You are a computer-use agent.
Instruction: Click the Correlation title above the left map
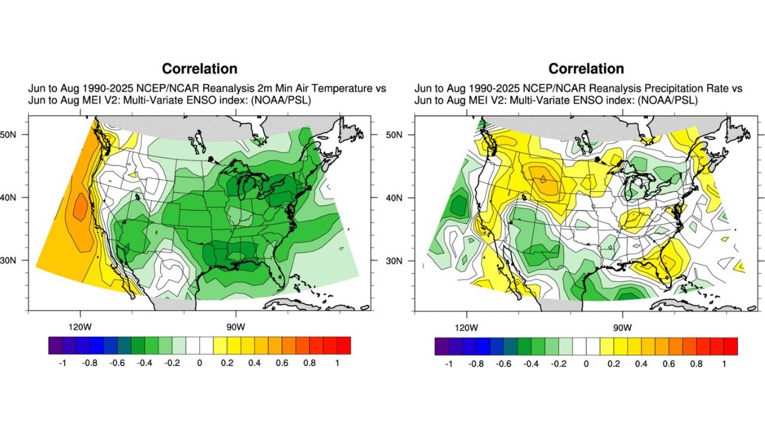click(x=200, y=69)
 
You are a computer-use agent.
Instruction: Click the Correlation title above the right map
click(x=586, y=69)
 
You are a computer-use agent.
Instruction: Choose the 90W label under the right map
click(x=622, y=327)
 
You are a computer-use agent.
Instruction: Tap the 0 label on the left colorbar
click(x=199, y=363)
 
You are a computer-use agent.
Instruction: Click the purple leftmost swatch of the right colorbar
click(x=441, y=346)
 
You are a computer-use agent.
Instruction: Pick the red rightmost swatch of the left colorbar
click(x=344, y=345)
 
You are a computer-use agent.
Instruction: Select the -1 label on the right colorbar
click(x=448, y=363)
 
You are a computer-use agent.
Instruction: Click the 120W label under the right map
click(x=466, y=327)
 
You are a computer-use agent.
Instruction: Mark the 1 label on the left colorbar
click(x=336, y=363)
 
